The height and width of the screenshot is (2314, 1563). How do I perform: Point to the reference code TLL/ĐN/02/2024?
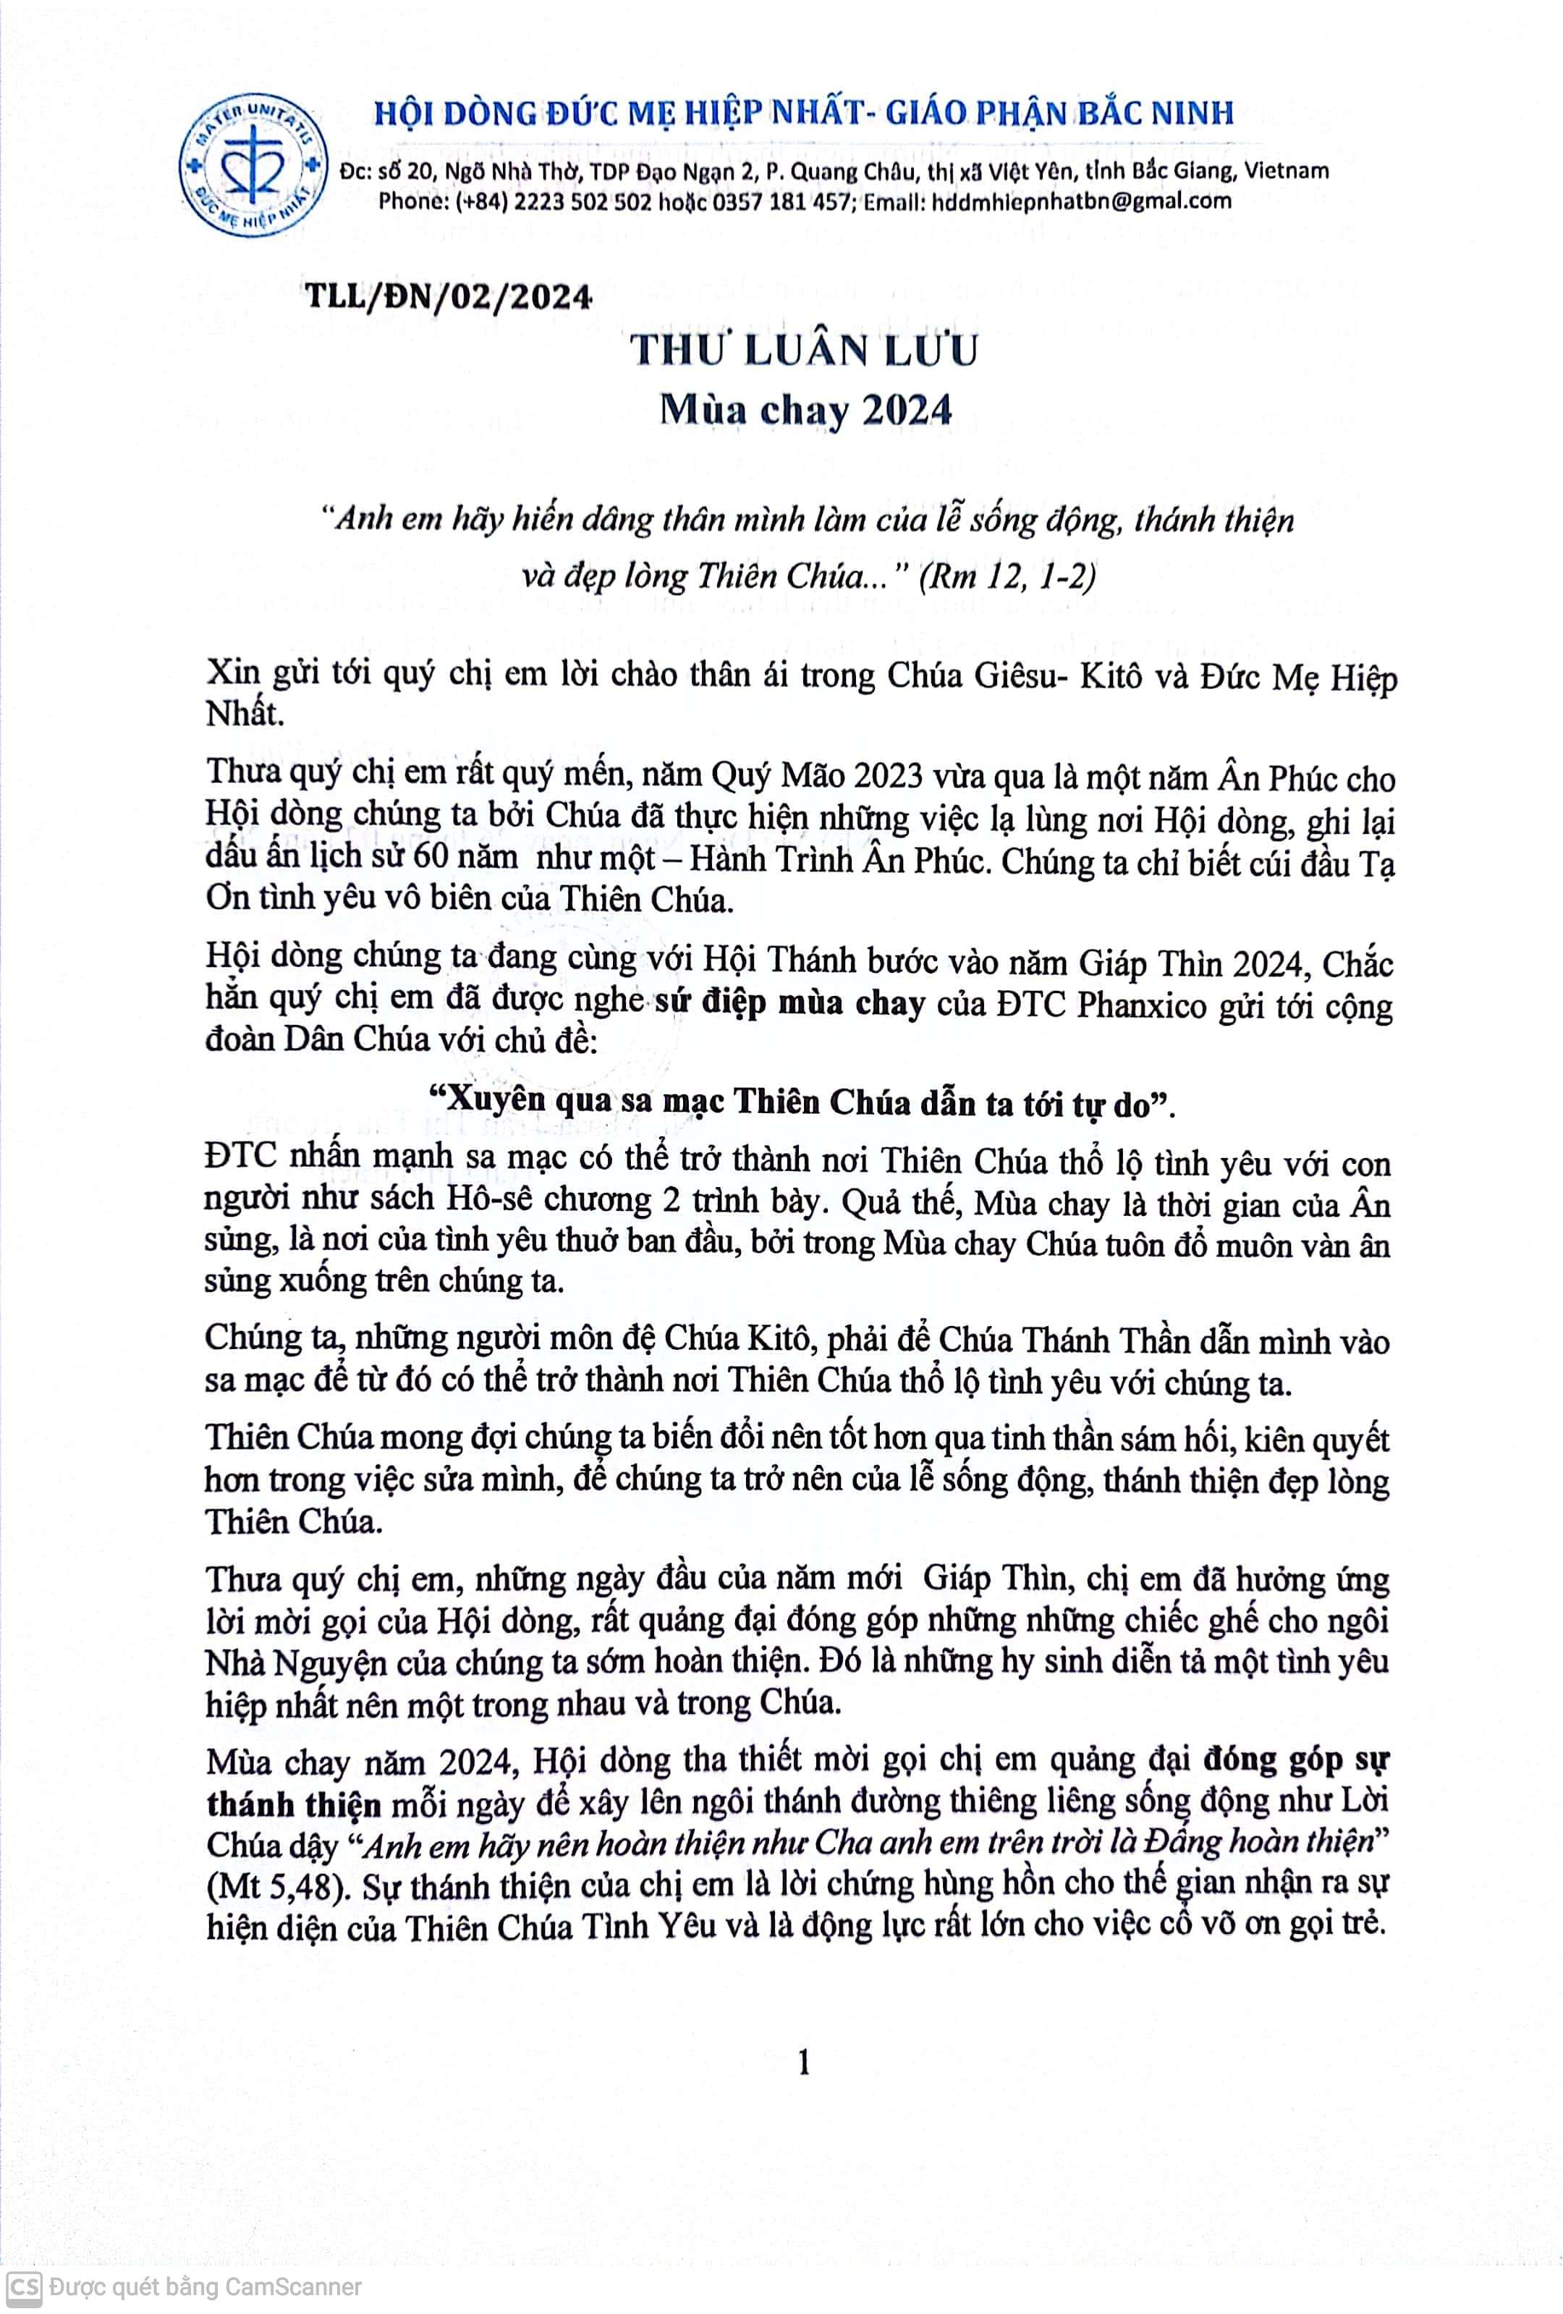tap(449, 297)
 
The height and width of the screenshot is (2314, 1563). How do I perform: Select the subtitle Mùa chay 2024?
tap(805, 410)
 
